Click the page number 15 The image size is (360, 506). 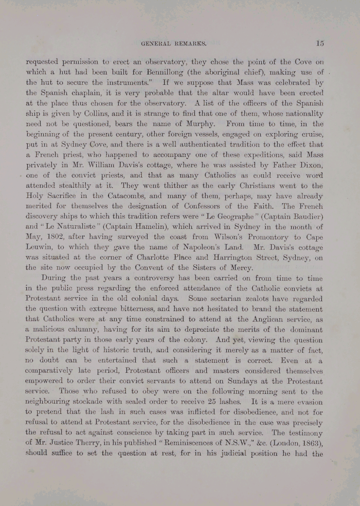coord(320,43)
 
